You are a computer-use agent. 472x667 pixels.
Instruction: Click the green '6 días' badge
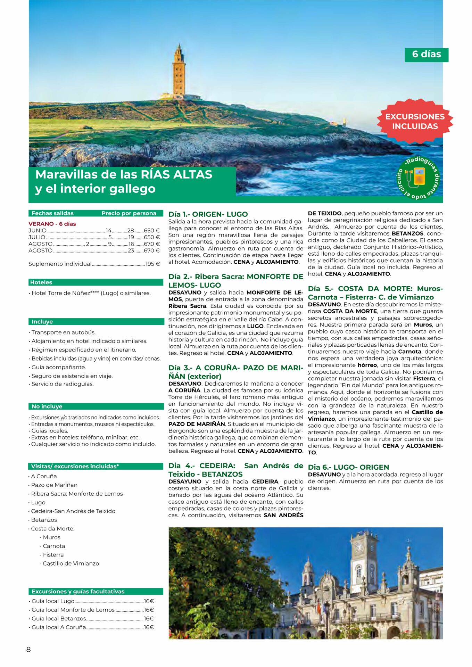click(x=426, y=55)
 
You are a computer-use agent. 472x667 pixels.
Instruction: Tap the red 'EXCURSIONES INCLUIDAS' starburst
click(x=415, y=121)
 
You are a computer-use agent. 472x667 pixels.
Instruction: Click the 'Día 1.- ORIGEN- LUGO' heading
click(x=208, y=214)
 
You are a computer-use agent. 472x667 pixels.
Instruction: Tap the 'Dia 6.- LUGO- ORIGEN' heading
click(x=348, y=467)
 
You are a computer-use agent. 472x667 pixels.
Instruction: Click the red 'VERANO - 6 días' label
click(x=52, y=224)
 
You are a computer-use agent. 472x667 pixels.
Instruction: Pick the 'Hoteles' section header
click(x=41, y=282)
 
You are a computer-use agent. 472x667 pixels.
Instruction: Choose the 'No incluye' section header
click(x=47, y=406)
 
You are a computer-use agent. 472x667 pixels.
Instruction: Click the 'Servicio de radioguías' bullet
click(x=62, y=384)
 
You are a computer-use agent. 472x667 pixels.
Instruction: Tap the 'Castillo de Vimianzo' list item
click(x=71, y=563)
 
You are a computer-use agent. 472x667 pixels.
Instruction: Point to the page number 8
click(x=28, y=649)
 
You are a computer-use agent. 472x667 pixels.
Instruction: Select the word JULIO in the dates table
click(x=37, y=237)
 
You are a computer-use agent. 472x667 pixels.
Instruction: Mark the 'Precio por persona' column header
click(x=129, y=213)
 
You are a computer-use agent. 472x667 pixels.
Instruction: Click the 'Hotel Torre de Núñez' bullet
click(x=91, y=293)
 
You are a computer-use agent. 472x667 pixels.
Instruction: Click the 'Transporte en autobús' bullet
click(x=63, y=332)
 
